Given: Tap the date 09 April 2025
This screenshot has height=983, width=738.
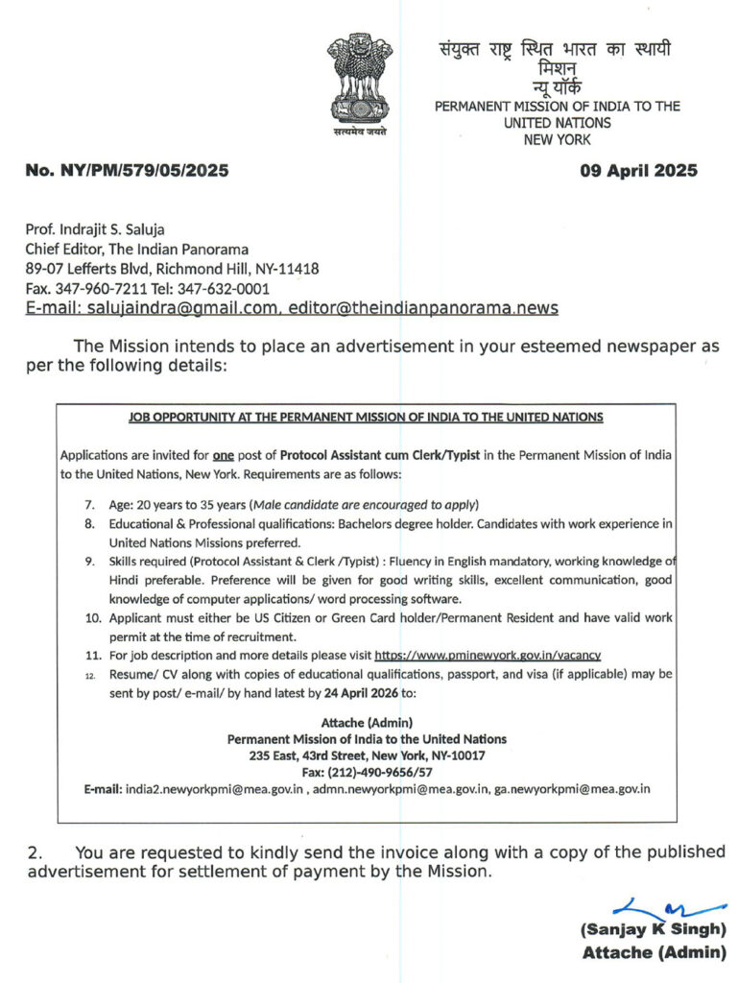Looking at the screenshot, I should (639, 172).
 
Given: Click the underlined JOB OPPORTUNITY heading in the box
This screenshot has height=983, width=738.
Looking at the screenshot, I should (366, 418).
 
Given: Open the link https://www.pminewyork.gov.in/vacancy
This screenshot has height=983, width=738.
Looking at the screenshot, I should (488, 656).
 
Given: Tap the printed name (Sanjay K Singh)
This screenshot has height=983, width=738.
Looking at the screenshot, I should (653, 929).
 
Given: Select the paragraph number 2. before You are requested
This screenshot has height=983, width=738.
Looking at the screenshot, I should (36, 852).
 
